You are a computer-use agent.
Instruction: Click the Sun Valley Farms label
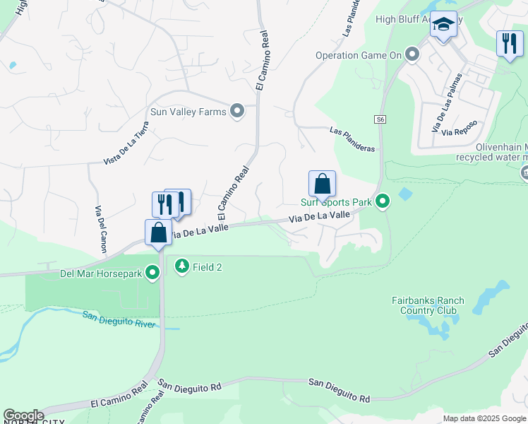188,112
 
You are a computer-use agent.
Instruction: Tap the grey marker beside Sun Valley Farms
237,112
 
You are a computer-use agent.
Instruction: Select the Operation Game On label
358,54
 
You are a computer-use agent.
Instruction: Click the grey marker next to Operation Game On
412,54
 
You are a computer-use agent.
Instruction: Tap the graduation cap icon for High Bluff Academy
443,25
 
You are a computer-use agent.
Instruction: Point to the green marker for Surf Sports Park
383,202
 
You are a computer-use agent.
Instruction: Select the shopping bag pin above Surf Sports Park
322,184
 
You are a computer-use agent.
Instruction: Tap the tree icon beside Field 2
182,266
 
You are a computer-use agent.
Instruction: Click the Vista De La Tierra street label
126,143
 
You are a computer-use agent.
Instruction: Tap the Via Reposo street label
459,128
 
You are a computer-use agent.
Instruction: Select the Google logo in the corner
23,416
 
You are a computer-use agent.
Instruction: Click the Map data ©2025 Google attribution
484,418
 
